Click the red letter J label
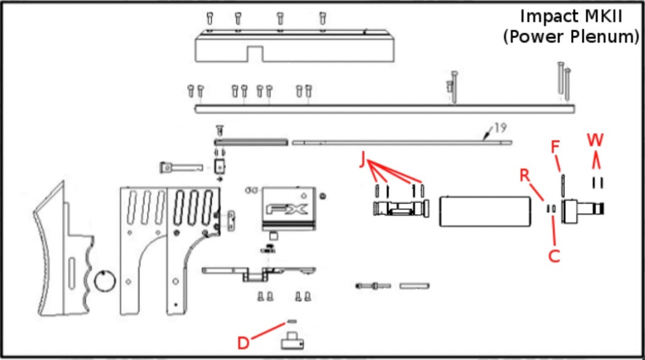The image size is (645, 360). click(363, 159)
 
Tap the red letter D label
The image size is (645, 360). click(244, 342)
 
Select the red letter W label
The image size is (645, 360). click(595, 140)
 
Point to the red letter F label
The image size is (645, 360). click(555, 147)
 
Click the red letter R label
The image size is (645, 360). click(524, 175)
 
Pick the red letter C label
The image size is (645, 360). click(554, 256)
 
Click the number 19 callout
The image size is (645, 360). click(500, 128)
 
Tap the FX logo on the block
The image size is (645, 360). click(287, 210)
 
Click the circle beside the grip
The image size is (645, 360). click(105, 281)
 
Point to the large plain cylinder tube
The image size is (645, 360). click(485, 212)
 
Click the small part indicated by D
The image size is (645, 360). click(291, 322)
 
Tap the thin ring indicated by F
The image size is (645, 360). click(563, 186)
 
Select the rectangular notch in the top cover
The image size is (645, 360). click(255, 54)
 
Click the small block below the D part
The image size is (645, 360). click(292, 341)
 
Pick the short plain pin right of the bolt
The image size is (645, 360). click(415, 285)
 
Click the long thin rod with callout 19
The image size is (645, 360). click(402, 143)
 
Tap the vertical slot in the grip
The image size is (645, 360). click(72, 273)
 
